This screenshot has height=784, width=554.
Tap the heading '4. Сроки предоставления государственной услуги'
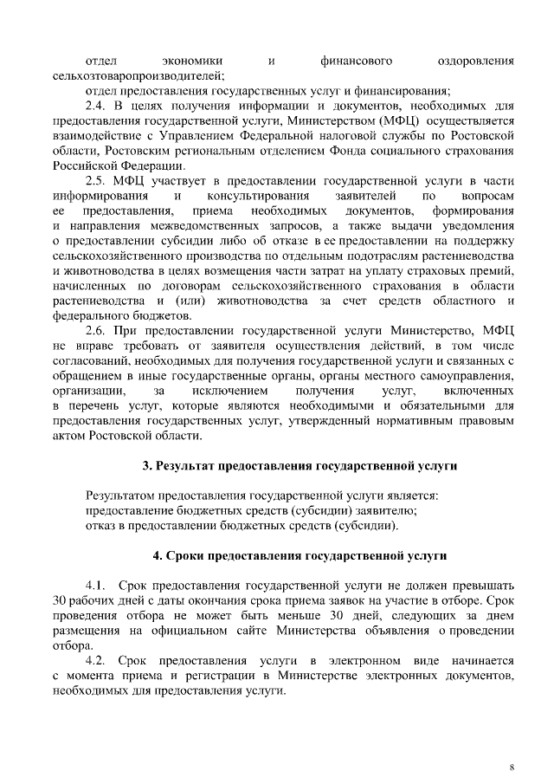(x=300, y=554)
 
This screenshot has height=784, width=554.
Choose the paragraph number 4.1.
(x=95, y=585)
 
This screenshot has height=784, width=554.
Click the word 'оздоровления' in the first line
(x=476, y=61)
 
